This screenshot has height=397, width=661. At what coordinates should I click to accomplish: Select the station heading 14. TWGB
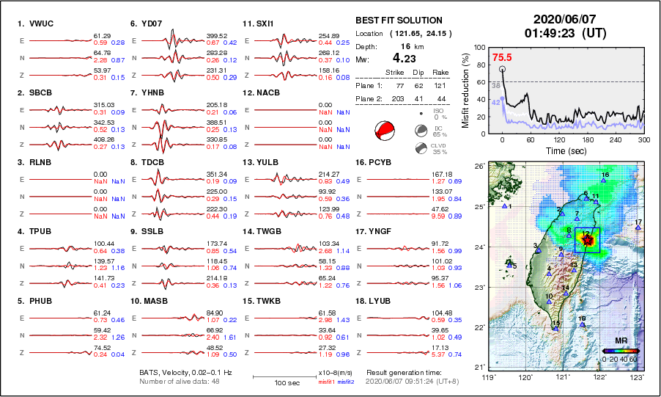(265, 231)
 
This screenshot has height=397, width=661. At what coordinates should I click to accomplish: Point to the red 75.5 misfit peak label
(501, 57)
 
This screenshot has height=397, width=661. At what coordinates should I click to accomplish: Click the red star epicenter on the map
(586, 238)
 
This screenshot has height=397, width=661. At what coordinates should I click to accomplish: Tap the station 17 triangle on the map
(638, 227)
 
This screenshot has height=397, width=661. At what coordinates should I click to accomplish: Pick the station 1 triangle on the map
(504, 206)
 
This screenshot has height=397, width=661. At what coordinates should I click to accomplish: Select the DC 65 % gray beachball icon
(421, 131)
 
